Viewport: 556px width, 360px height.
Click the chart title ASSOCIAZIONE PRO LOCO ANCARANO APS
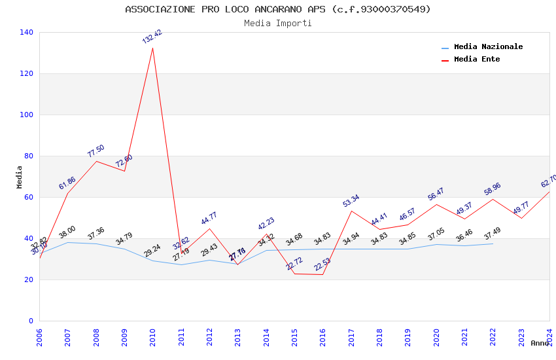coord(278,9)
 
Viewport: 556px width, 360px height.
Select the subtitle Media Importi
coord(278,23)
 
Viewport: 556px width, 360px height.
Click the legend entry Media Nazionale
coord(488,46)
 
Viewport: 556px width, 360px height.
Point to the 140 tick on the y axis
coord(27,32)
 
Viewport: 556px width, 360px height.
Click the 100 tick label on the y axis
coord(27,115)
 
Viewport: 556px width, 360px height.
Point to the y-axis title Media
coord(19,177)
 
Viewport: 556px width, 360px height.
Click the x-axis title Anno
coord(540,343)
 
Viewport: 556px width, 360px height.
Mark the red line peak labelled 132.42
coord(153,48)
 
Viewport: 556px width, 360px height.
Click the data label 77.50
coord(96,151)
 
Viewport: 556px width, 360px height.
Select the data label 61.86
coord(67,183)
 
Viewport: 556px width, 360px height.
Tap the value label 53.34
coord(351,201)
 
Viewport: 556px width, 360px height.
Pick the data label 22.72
coord(294,264)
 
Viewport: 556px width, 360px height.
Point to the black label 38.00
coord(67,232)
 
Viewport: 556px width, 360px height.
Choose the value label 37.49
coord(493,234)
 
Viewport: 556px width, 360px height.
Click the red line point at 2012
coord(209,228)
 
